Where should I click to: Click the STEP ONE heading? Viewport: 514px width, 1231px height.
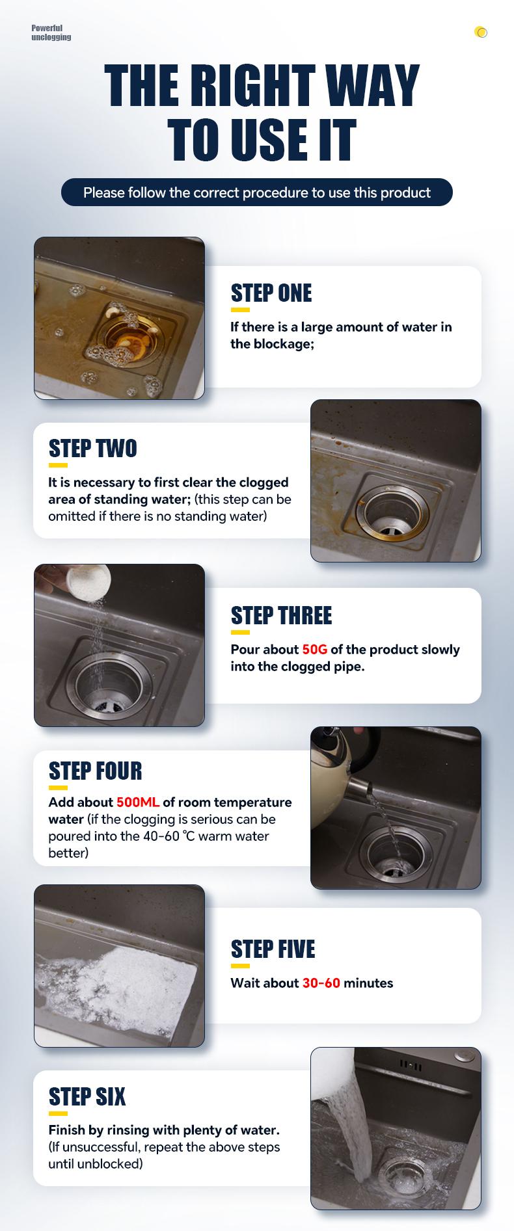coord(271,293)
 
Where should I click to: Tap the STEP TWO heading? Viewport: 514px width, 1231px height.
coord(93,449)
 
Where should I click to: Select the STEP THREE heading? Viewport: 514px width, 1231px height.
coord(281,616)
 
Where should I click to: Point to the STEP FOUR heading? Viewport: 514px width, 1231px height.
coord(95,771)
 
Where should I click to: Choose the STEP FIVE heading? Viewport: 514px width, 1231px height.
coord(273,949)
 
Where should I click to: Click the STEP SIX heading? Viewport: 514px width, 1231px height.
coord(87,1097)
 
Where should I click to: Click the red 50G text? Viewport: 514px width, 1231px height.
coord(315,650)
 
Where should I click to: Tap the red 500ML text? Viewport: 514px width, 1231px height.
coord(138,802)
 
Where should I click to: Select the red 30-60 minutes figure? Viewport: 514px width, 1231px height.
coord(321,983)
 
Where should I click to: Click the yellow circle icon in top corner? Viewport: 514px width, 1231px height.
coord(481,32)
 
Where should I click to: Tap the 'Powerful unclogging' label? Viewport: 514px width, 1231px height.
coord(51,33)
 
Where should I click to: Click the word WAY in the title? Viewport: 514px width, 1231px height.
coord(372,86)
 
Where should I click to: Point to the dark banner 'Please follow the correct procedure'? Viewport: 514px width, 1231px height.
coord(257,192)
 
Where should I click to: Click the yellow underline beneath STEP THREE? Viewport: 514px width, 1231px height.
coord(240,632)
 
